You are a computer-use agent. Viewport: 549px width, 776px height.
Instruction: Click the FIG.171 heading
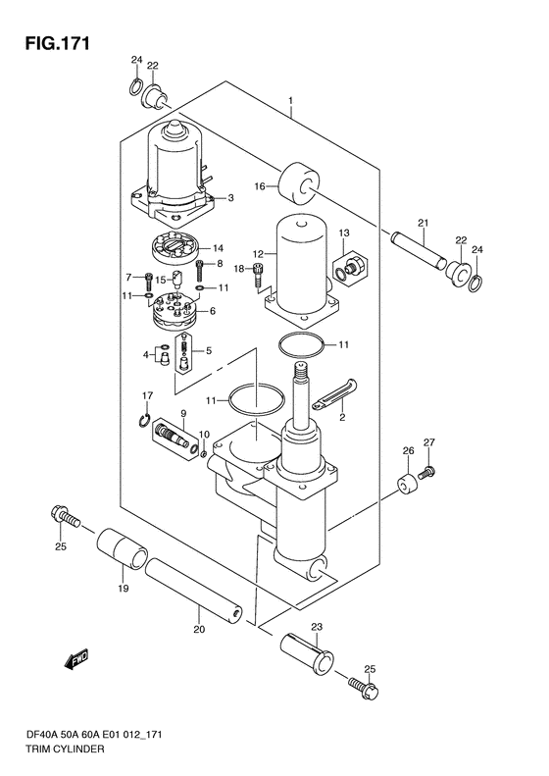coord(58,43)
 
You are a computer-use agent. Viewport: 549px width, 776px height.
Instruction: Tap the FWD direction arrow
coord(76,659)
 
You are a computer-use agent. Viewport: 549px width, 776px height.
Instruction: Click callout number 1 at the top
coord(291,101)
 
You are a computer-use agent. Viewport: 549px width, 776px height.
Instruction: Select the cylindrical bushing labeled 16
coord(299,183)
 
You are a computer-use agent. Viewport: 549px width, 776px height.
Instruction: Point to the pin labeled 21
coord(419,250)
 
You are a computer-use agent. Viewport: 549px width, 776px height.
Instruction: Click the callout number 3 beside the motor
coord(230,198)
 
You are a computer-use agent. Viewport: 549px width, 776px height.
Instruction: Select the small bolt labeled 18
coord(258,275)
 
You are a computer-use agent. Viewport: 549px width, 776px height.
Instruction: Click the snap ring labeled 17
coord(144,420)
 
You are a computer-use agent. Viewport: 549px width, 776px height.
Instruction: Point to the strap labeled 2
coord(335,393)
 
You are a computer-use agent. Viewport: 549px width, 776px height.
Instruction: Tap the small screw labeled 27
coord(425,472)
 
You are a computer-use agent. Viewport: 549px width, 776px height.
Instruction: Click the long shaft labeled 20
coord(194,591)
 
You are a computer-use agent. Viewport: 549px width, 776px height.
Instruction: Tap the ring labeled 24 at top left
coord(136,87)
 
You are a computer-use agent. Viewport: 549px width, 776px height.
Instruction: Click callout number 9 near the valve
coord(183,413)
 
